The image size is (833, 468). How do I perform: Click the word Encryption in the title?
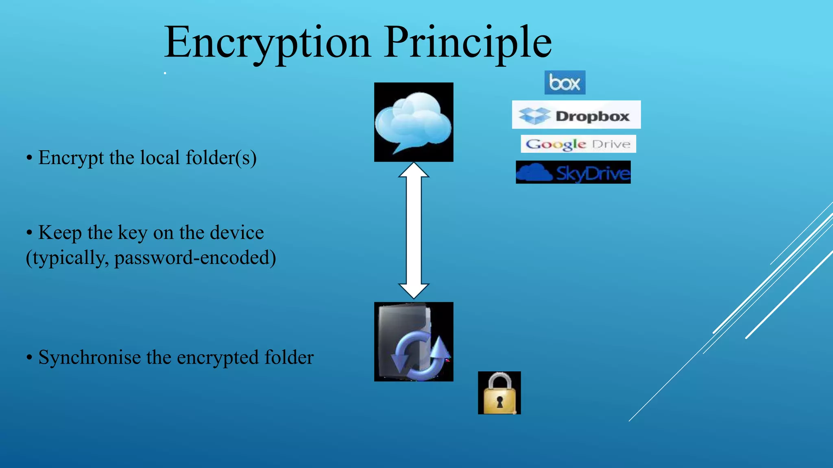tap(267, 42)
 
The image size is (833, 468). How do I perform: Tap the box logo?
tap(565, 82)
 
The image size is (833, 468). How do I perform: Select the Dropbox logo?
tap(576, 115)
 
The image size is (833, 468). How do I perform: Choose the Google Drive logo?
tap(578, 144)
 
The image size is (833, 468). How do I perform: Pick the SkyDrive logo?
tap(573, 172)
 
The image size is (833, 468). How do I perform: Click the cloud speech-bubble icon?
tap(414, 122)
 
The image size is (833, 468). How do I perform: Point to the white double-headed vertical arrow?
tap(414, 231)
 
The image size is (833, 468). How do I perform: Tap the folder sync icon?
tap(414, 341)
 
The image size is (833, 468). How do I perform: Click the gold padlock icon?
tap(499, 393)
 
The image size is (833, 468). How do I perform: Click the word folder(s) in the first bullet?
tap(221, 158)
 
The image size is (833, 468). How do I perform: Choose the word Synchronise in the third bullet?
tap(89, 357)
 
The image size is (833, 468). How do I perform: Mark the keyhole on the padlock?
tap(500, 402)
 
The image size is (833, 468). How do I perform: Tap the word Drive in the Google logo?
tap(611, 144)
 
